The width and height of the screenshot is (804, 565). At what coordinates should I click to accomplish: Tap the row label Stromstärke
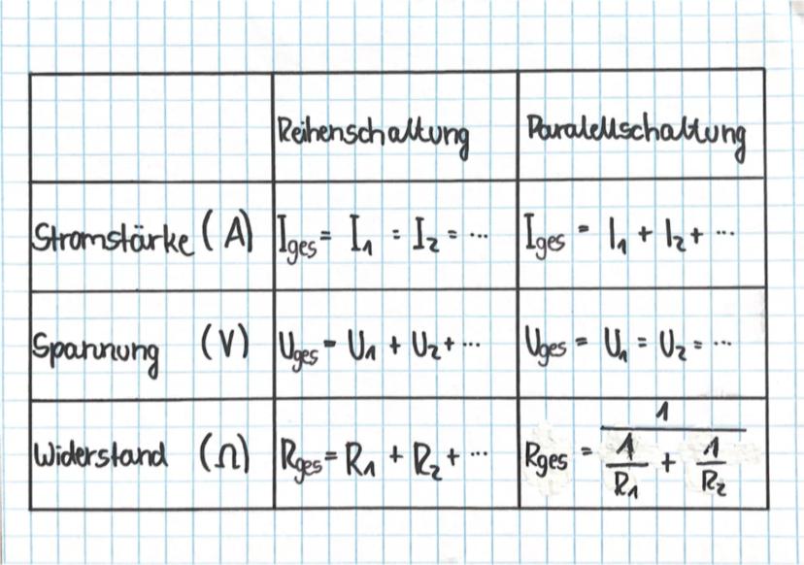114,240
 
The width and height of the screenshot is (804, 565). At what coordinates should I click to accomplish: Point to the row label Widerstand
101,453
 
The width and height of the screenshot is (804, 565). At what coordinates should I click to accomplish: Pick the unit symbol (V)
224,343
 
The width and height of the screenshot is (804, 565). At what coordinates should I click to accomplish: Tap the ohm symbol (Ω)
224,452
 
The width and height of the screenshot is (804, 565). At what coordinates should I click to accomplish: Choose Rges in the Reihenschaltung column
300,460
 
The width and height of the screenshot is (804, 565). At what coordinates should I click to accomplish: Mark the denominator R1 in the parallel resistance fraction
626,486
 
